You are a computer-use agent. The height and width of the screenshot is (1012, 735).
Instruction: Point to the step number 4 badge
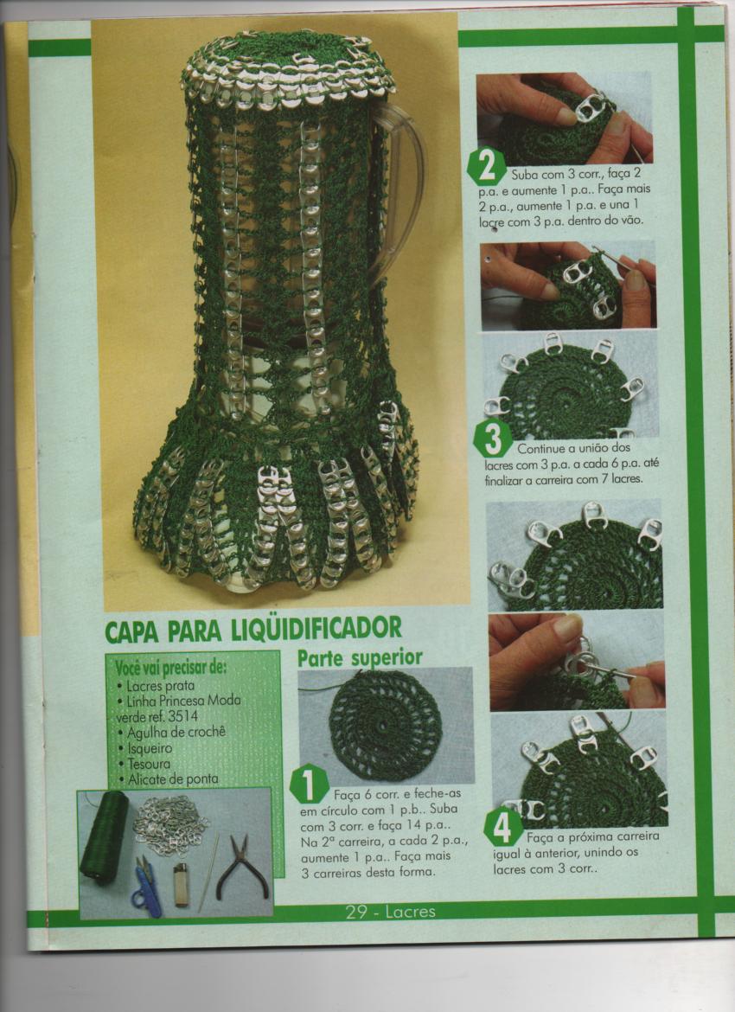tap(502, 829)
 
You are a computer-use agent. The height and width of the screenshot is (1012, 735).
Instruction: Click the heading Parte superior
tap(360, 657)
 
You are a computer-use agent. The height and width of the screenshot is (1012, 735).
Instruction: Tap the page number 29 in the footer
tap(358, 912)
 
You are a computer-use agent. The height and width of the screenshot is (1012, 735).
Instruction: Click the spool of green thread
tap(104, 835)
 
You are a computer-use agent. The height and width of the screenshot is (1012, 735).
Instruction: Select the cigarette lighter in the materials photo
tap(181, 884)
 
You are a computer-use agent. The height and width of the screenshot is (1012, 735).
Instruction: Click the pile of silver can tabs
tap(170, 822)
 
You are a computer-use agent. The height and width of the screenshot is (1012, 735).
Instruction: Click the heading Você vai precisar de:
tap(168, 667)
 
